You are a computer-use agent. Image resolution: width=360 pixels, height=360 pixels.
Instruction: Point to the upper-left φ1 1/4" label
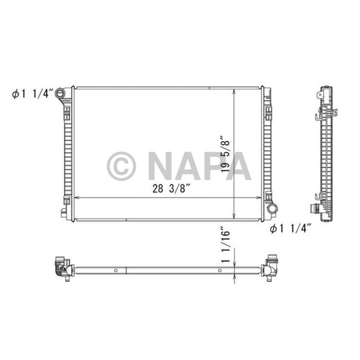point(33,94)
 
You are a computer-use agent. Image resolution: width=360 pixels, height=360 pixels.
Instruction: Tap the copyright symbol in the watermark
point(121,166)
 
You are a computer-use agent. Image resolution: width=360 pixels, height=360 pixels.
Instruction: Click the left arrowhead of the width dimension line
point(76,198)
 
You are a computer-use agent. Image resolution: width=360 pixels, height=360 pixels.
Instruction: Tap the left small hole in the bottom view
point(116,270)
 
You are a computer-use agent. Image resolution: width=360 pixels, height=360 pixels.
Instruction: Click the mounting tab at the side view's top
point(322,95)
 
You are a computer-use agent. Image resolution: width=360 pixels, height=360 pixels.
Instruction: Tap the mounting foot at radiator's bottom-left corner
point(63,212)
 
